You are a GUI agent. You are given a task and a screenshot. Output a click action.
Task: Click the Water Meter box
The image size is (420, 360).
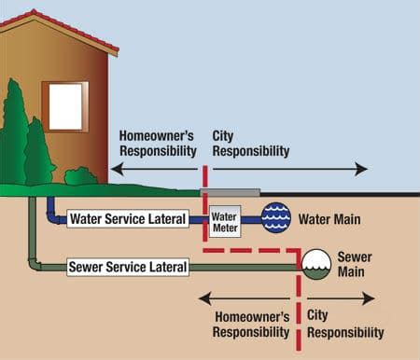(225, 221)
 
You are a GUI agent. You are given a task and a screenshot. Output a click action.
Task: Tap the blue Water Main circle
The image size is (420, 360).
(276, 217)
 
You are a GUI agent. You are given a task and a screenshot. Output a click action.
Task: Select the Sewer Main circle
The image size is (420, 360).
(316, 264)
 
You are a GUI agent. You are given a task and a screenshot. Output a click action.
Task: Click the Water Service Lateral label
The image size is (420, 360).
(128, 219)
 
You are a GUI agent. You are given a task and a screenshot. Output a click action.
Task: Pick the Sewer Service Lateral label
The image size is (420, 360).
(128, 267)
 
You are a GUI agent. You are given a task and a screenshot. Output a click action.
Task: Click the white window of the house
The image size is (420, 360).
(65, 106)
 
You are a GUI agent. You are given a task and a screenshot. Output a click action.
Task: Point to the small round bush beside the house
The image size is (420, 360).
(81, 176)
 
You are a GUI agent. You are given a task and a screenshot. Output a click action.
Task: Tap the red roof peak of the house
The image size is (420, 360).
(34, 12)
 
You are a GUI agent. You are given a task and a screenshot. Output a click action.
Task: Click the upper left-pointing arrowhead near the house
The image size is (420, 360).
(118, 169)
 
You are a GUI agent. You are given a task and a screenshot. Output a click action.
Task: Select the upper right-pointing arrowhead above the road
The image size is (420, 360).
(361, 169)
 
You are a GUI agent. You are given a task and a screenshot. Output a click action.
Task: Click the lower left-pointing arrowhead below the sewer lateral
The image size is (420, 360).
(205, 298)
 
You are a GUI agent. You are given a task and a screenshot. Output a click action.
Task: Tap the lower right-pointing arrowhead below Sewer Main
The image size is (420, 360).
(369, 298)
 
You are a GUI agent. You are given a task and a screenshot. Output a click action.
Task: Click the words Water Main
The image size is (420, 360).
(329, 219)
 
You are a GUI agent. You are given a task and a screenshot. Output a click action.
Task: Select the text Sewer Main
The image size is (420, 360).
(355, 264)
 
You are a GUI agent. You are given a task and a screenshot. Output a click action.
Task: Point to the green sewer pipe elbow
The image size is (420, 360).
(35, 264)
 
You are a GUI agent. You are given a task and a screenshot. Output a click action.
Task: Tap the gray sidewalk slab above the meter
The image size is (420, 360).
(231, 192)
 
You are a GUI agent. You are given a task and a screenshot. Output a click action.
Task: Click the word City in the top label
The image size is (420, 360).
(223, 136)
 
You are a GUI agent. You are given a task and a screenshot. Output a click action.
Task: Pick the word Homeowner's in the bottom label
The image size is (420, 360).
(252, 317)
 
